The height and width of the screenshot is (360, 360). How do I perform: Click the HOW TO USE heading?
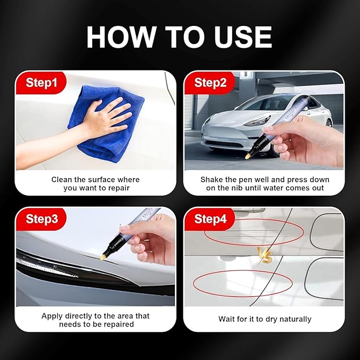point(179,37)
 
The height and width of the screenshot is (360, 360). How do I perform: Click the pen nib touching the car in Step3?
point(103,257)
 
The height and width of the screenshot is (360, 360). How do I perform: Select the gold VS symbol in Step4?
point(266,255)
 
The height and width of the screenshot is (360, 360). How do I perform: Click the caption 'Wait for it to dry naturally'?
point(265,319)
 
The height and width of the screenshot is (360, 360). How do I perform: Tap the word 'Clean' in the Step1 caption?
point(62,180)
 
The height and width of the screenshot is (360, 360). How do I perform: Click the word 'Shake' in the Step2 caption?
point(212,180)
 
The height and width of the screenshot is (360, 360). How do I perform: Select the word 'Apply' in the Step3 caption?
point(52,316)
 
